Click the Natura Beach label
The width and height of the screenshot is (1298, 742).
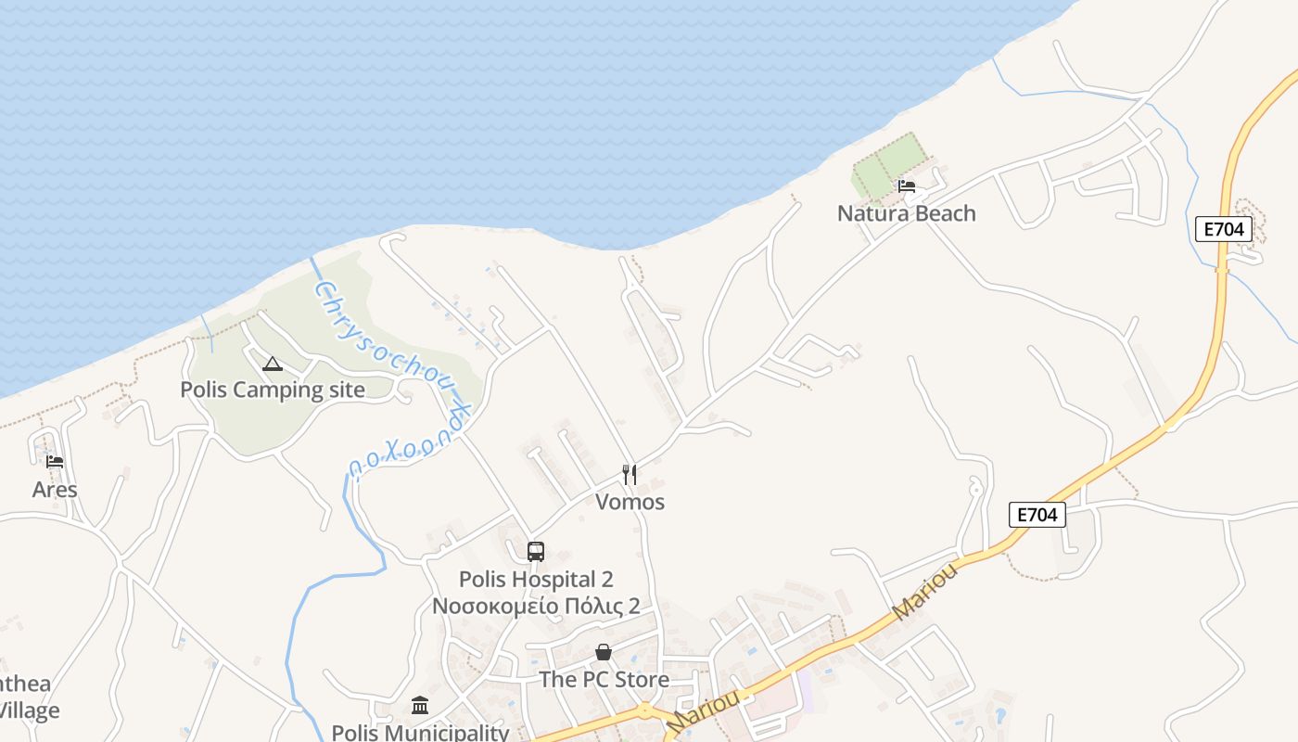pos(906,213)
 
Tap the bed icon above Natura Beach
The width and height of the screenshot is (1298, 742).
pos(907,186)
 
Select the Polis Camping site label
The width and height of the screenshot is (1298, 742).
pos(273,390)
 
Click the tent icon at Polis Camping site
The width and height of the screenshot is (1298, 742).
pos(272,364)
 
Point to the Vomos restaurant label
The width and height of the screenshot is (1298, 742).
pos(630,502)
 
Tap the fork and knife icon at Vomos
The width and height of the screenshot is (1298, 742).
pos(630,475)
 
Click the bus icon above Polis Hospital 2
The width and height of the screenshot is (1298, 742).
pos(536,552)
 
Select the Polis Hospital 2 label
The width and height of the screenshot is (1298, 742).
pos(536,580)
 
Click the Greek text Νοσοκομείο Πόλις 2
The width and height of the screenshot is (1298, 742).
pos(536,607)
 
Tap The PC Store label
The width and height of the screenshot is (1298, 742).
pos(604,680)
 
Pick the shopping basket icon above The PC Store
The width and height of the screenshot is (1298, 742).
pos(604,653)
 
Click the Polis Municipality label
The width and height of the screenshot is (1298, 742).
pos(420,732)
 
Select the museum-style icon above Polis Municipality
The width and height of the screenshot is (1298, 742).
pos(420,706)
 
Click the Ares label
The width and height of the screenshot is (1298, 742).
pos(55,489)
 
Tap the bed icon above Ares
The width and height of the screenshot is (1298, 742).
pos(55,462)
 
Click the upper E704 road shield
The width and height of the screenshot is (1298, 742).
pos(1223,229)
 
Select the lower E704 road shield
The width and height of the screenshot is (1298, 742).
pos(1037,515)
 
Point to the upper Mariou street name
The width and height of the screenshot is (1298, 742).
pos(925,590)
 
